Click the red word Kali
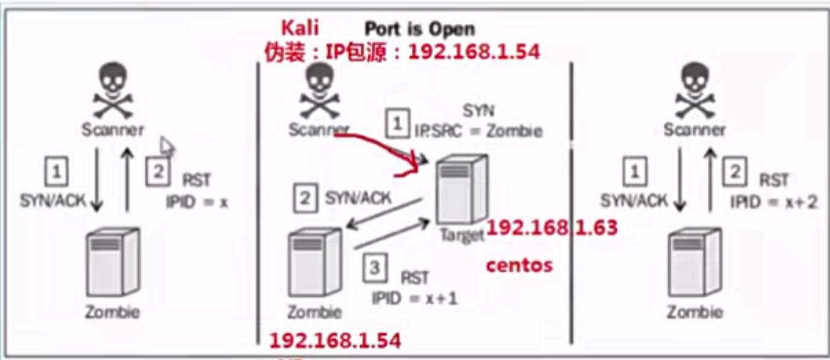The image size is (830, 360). point(300,28)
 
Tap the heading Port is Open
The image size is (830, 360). point(420,28)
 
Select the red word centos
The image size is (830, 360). point(519,266)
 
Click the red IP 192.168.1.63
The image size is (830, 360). point(551,228)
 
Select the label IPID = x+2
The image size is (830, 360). point(774,201)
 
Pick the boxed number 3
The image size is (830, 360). point(375,269)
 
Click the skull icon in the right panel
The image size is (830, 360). point(693,92)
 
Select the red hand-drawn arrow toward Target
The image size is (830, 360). point(380,147)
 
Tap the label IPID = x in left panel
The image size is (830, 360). point(197,201)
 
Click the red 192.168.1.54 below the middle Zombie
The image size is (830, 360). point(335,340)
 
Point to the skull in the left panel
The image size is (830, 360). point(113,92)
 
